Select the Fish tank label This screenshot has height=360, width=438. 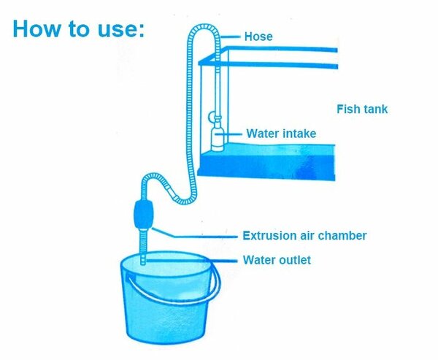coord(362,110)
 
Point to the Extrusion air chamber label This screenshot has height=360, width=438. coord(304,236)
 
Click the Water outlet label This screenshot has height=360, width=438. coord(277,260)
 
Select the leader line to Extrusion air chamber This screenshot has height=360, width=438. coord(197,236)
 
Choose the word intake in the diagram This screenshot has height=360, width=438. coord(296,134)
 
